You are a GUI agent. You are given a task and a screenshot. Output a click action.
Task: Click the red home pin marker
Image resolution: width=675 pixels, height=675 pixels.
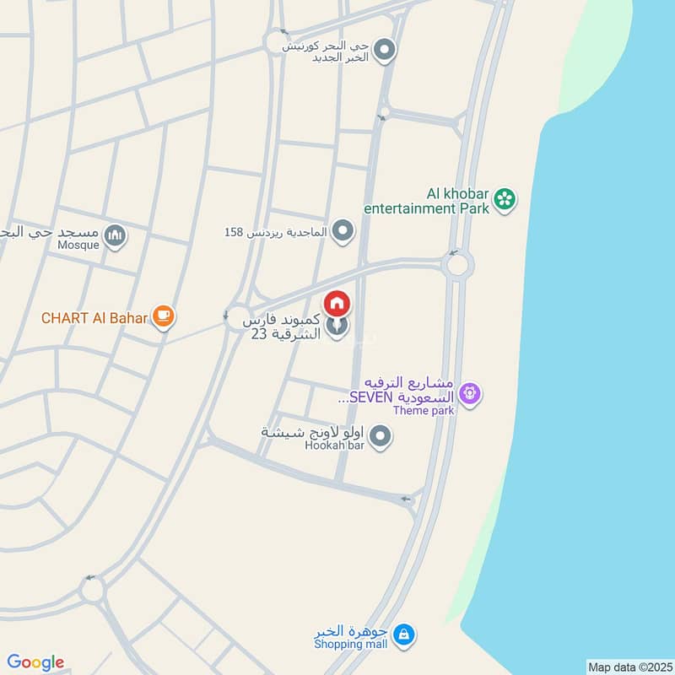pyautogui.click(x=337, y=302)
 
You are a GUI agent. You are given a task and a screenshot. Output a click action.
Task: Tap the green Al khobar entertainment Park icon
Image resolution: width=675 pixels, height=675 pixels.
pyautogui.click(x=505, y=199)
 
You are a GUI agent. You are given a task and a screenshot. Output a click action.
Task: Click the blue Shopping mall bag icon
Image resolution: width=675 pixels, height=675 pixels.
pyautogui.click(x=404, y=634)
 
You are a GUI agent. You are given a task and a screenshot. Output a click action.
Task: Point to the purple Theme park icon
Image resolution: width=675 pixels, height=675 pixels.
pyautogui.click(x=470, y=393)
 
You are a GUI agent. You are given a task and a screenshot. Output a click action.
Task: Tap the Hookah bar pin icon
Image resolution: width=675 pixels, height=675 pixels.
pyautogui.click(x=381, y=436)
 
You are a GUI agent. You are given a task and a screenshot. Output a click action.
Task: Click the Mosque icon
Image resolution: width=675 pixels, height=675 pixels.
pyautogui.click(x=116, y=237)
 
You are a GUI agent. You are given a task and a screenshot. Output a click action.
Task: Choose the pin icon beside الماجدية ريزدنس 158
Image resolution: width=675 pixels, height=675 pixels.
pyautogui.click(x=343, y=230)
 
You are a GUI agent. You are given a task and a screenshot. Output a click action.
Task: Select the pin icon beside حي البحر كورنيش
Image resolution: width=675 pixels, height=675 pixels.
pyautogui.click(x=386, y=51)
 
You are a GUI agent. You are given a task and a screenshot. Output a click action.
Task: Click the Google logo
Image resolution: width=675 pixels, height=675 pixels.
pyautogui.click(x=35, y=662)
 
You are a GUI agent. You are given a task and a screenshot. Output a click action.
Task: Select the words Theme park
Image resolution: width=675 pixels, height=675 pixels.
pyautogui.click(x=424, y=411)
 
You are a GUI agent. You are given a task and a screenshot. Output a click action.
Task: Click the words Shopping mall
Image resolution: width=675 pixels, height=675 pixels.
pyautogui.click(x=350, y=645)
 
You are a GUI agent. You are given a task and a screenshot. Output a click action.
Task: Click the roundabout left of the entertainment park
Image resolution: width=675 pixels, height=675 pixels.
pyautogui.click(x=458, y=266)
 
